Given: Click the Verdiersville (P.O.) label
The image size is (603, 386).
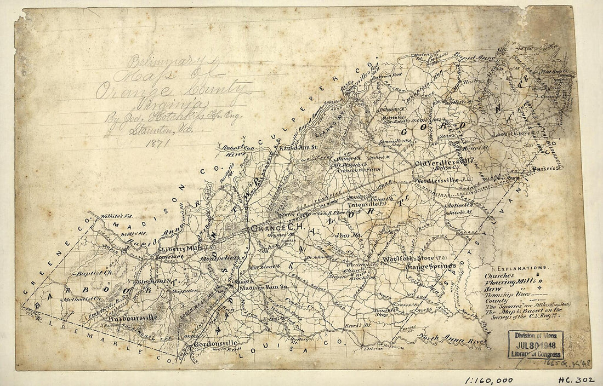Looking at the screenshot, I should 442,180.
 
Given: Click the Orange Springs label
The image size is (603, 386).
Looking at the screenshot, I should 430,266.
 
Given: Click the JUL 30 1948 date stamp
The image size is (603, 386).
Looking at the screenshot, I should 536,345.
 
